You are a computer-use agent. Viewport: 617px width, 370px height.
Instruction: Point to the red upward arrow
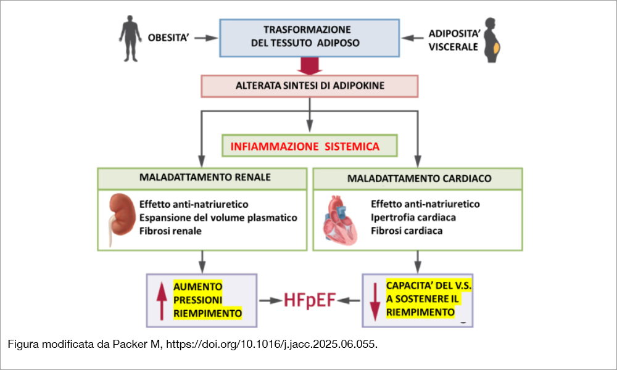pyautogui.click(x=162, y=301)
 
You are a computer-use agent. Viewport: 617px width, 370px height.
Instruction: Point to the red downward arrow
pyautogui.click(x=375, y=301)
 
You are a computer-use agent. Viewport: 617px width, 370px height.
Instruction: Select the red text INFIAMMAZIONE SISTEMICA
pyautogui.click(x=309, y=147)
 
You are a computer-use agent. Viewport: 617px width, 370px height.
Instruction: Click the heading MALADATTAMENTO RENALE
pyautogui.click(x=202, y=178)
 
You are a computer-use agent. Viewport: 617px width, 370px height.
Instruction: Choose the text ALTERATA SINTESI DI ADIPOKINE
pyautogui.click(x=310, y=86)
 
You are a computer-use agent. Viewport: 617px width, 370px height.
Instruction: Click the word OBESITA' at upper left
pyautogui.click(x=167, y=38)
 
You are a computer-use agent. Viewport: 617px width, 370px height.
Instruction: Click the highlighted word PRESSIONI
pyautogui.click(x=198, y=300)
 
